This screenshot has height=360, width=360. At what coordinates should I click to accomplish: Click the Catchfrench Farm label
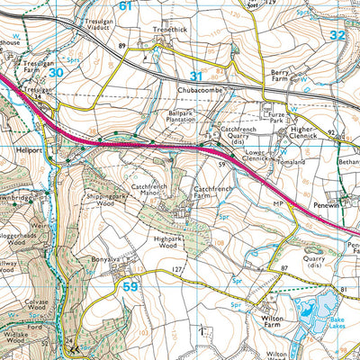tap(214, 193)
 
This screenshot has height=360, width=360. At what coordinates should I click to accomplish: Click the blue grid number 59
tap(132, 287)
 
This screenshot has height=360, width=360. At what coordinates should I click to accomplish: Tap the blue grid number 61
tap(126, 6)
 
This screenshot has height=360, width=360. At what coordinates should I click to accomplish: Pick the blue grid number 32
tap(337, 35)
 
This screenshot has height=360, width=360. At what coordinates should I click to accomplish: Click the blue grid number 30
tap(57, 72)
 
